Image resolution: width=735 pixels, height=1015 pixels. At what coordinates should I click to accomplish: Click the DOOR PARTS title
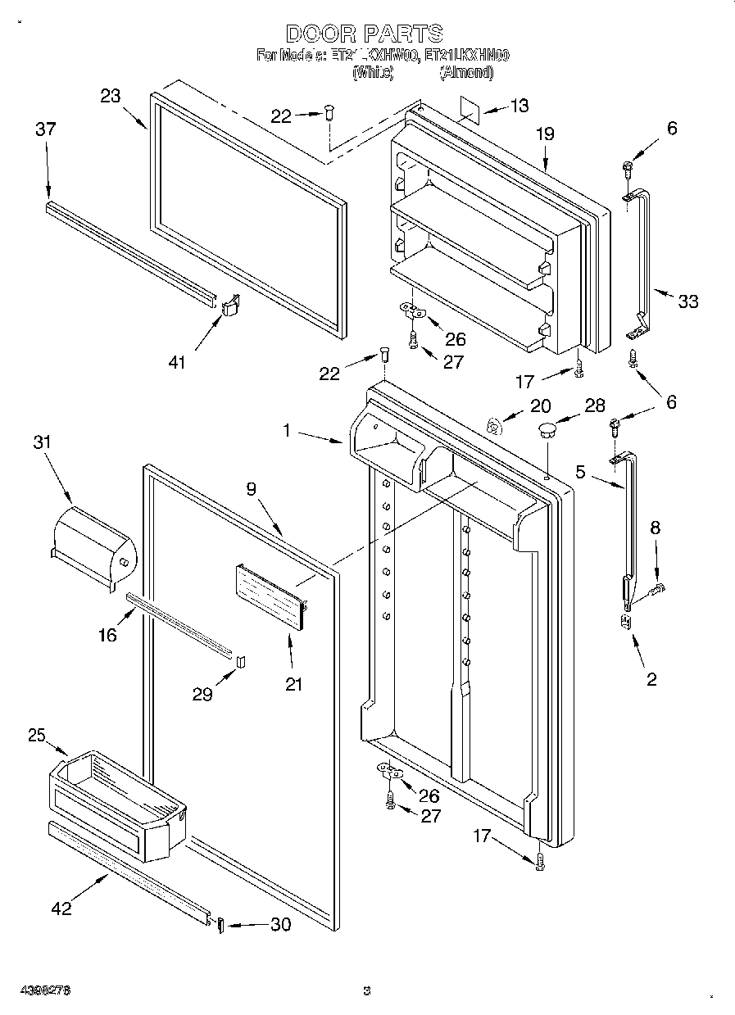pyautogui.click(x=365, y=34)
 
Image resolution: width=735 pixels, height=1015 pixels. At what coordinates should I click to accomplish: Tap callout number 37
pyautogui.click(x=45, y=129)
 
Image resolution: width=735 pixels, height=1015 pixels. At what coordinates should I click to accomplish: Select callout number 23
pyautogui.click(x=111, y=96)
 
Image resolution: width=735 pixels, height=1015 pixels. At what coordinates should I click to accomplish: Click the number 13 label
pyautogui.click(x=519, y=105)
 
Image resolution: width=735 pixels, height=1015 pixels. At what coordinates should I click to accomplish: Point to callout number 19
pyautogui.click(x=546, y=135)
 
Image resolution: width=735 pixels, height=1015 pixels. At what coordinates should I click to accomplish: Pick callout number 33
pyautogui.click(x=688, y=301)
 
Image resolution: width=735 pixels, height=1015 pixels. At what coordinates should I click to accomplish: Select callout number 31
pyautogui.click(x=42, y=442)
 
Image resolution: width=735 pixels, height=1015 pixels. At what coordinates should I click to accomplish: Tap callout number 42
pyautogui.click(x=61, y=908)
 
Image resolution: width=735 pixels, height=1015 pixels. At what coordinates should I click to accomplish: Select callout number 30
pyautogui.click(x=280, y=924)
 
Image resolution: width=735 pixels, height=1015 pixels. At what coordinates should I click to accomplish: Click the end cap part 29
pyautogui.click(x=241, y=662)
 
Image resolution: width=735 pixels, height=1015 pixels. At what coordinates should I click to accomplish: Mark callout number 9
pyautogui.click(x=252, y=489)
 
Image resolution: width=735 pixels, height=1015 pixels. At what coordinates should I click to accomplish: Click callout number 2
pyautogui.click(x=651, y=678)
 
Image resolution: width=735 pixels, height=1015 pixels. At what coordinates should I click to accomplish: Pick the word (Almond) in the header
pyautogui.click(x=466, y=73)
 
